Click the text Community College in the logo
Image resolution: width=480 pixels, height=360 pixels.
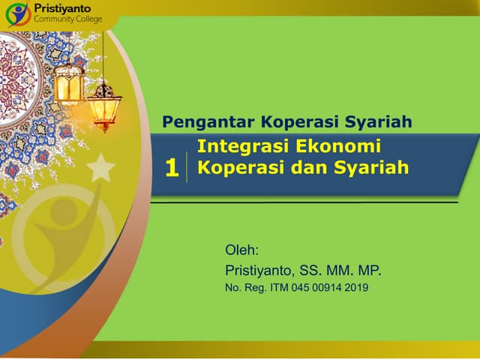coord(68,19)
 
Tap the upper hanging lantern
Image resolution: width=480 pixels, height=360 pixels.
coord(69,81)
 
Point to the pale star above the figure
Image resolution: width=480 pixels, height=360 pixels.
coord(100,167)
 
